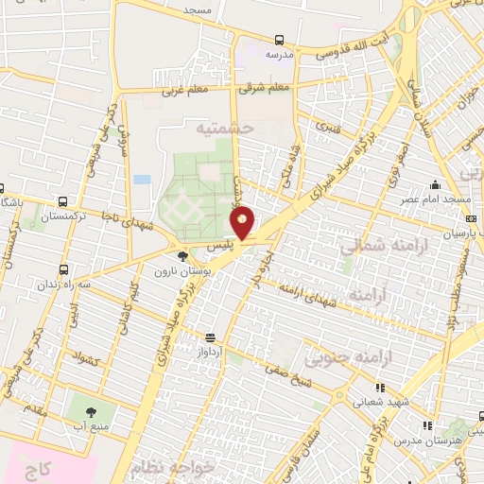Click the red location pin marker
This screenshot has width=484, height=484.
pos(243,224)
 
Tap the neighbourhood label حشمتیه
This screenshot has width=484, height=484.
pos(226,126)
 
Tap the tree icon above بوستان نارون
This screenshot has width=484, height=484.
pos(182,255)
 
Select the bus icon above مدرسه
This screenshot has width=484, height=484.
pos(279,40)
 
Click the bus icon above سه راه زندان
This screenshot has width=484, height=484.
pos(63,269)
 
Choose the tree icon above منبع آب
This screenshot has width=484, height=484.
pos(91,412)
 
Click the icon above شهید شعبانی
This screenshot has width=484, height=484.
pos(380,388)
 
